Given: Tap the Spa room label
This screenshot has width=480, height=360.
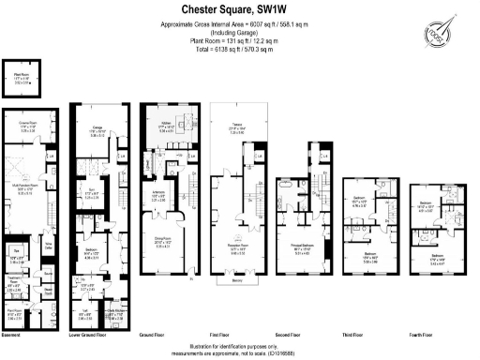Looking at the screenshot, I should click(16, 251).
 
